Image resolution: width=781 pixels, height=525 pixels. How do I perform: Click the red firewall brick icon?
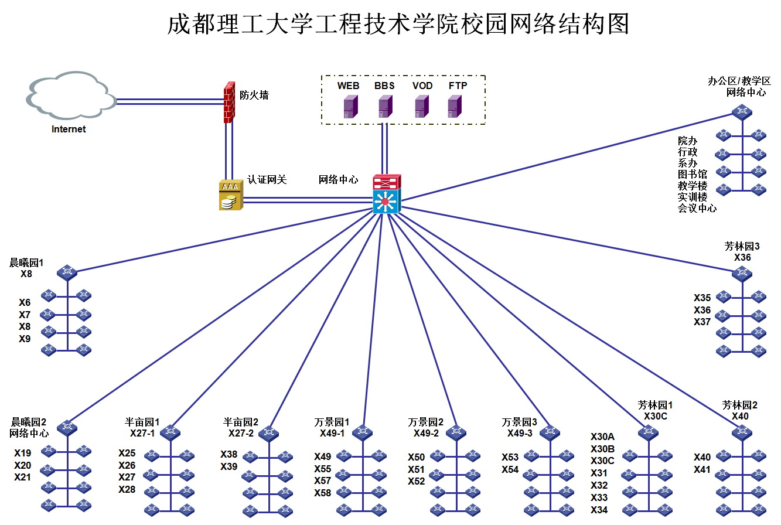[x=229, y=102]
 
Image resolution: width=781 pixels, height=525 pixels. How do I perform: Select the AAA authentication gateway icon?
[x=230, y=195]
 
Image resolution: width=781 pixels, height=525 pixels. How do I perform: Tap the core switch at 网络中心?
[x=386, y=194]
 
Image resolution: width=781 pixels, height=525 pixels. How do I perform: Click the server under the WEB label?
[x=350, y=107]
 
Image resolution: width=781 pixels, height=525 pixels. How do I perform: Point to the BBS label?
[x=384, y=86]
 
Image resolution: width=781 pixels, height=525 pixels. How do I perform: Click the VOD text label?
[x=422, y=86]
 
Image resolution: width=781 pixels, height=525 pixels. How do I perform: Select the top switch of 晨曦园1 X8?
[x=67, y=272]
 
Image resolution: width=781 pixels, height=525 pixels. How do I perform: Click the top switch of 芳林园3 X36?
[x=742, y=272]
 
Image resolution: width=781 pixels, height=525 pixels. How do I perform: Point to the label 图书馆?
[x=692, y=174]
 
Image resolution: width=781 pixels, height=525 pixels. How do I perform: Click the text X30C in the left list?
[x=602, y=461]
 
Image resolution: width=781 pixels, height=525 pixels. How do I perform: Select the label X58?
[x=322, y=493]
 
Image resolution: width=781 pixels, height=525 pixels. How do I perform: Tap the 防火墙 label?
[x=254, y=95]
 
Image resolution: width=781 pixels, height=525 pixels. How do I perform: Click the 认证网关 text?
[x=267, y=179]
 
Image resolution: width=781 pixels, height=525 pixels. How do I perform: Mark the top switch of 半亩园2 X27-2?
[x=270, y=434]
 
